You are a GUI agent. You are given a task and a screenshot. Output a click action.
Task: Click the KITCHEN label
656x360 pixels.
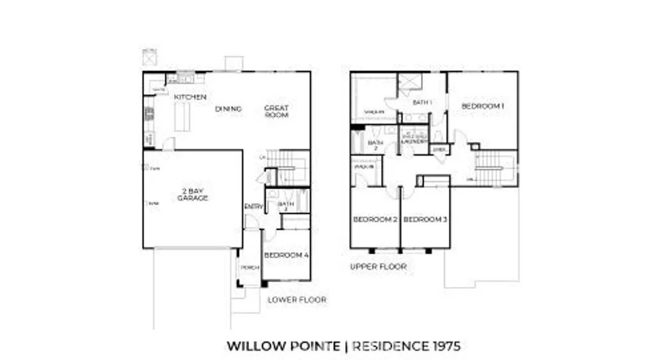tap(190, 97)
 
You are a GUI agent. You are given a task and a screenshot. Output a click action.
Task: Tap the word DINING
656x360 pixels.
tap(228, 109)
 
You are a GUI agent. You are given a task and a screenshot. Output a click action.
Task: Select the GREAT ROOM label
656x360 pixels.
tap(277, 111)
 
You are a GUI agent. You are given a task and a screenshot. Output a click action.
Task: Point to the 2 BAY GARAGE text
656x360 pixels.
tap(193, 194)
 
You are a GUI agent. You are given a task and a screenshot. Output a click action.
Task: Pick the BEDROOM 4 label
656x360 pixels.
tap(286, 255)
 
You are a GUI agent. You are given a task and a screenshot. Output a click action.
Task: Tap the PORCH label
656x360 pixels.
tap(249, 267)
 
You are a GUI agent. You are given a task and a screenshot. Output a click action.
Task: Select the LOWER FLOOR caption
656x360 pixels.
tap(297, 299)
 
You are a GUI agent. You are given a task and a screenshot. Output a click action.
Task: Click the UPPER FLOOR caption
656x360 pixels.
tap(378, 266)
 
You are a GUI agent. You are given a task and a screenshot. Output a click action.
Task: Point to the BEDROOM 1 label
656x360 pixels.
tap(482, 106)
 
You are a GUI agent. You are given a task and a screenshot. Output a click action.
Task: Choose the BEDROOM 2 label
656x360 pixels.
tap(375, 220)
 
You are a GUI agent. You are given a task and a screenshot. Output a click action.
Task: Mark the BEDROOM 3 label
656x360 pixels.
tap(425, 220)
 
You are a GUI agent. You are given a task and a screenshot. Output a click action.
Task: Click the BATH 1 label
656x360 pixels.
tap(422, 102)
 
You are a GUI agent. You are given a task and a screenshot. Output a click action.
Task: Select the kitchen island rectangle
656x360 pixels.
tap(183, 117)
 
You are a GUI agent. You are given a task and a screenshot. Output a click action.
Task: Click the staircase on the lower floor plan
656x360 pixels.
tap(288, 168)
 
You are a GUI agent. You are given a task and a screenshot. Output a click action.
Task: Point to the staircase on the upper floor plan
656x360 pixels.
tap(494, 168)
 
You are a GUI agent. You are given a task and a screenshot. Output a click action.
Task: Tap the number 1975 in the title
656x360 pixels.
tap(444, 347)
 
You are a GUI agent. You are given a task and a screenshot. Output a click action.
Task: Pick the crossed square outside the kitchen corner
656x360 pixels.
tap(149, 58)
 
